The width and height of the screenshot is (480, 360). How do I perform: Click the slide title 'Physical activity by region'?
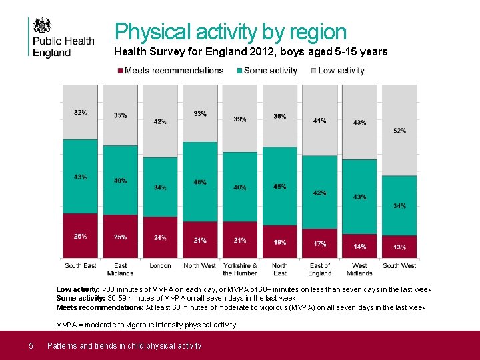point(231,31)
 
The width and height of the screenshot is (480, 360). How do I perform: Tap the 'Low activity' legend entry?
point(341,70)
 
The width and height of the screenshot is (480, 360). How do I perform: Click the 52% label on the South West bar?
point(399,131)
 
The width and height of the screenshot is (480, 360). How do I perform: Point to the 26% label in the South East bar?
point(80,236)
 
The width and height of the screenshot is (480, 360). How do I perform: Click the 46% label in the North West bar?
point(200,182)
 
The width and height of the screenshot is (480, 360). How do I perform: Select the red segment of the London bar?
point(160,237)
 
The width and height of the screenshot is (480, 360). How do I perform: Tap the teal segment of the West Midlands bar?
point(359,197)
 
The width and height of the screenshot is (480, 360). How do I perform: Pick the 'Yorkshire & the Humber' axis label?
point(240,269)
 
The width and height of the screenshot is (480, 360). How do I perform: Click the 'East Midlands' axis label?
point(120,269)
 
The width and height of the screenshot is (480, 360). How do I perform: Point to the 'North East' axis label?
point(280,269)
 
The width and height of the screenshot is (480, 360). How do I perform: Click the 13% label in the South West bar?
point(399,247)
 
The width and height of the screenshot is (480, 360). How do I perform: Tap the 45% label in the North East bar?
point(280,187)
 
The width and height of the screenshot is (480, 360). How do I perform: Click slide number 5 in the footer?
point(31,345)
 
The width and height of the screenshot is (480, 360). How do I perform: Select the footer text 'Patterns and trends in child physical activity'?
point(124,345)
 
